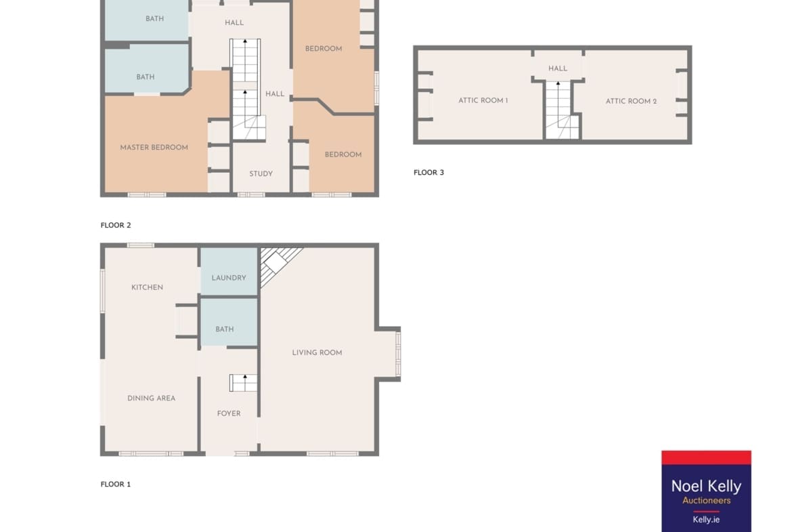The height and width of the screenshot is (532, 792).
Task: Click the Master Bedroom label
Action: click(x=154, y=148)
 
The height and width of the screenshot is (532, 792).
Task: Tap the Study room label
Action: click(x=261, y=173)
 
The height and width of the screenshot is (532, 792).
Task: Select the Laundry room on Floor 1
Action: click(x=229, y=272)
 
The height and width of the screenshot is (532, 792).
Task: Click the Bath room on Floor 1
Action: click(x=229, y=323)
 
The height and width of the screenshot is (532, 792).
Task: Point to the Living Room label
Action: click(x=317, y=352)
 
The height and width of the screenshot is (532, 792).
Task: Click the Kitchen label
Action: click(x=147, y=287)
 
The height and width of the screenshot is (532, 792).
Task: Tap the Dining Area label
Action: click(x=152, y=398)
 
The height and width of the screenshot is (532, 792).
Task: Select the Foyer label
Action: click(x=229, y=413)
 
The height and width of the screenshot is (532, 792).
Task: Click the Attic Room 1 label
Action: click(x=483, y=100)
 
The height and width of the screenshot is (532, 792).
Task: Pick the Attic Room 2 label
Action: click(x=632, y=101)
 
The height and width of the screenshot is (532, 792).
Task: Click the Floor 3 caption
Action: click(x=429, y=172)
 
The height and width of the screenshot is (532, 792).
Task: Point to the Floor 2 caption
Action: click(x=116, y=225)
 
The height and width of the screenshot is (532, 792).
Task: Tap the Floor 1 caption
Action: click(x=116, y=484)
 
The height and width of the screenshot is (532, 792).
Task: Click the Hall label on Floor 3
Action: click(x=558, y=68)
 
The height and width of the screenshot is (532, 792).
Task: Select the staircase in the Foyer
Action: click(x=244, y=383)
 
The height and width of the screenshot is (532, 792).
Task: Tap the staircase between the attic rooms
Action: click(x=560, y=110)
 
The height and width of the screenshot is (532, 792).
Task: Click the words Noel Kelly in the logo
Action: click(x=706, y=486)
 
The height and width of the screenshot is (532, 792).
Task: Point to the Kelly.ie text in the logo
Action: click(x=706, y=519)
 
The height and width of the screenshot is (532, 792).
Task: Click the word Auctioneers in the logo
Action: click(x=706, y=500)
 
